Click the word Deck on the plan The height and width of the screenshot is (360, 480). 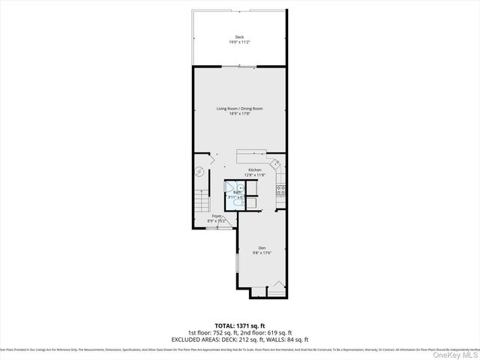pyautogui.click(x=239, y=37)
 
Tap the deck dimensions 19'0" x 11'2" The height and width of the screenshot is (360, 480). pyautogui.click(x=239, y=42)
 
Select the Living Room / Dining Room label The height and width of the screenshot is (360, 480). pyautogui.click(x=239, y=109)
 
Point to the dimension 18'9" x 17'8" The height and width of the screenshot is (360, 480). pyautogui.click(x=239, y=114)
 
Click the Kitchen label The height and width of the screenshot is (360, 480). pyautogui.click(x=255, y=170)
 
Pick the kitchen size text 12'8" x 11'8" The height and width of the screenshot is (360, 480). pyautogui.click(x=255, y=175)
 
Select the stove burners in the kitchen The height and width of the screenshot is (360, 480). pyautogui.click(x=281, y=189)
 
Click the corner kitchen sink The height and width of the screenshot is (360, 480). pyautogui.click(x=276, y=163)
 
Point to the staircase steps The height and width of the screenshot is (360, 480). pyautogui.click(x=200, y=200)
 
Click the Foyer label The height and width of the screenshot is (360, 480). pyautogui.click(x=217, y=216)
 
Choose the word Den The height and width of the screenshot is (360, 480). pyautogui.click(x=262, y=248)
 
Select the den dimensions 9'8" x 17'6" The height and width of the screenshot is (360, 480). pyautogui.click(x=262, y=253)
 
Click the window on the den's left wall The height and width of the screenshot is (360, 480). pyautogui.click(x=238, y=262)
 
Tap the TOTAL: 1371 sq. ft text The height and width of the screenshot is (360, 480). pyautogui.click(x=239, y=325)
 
